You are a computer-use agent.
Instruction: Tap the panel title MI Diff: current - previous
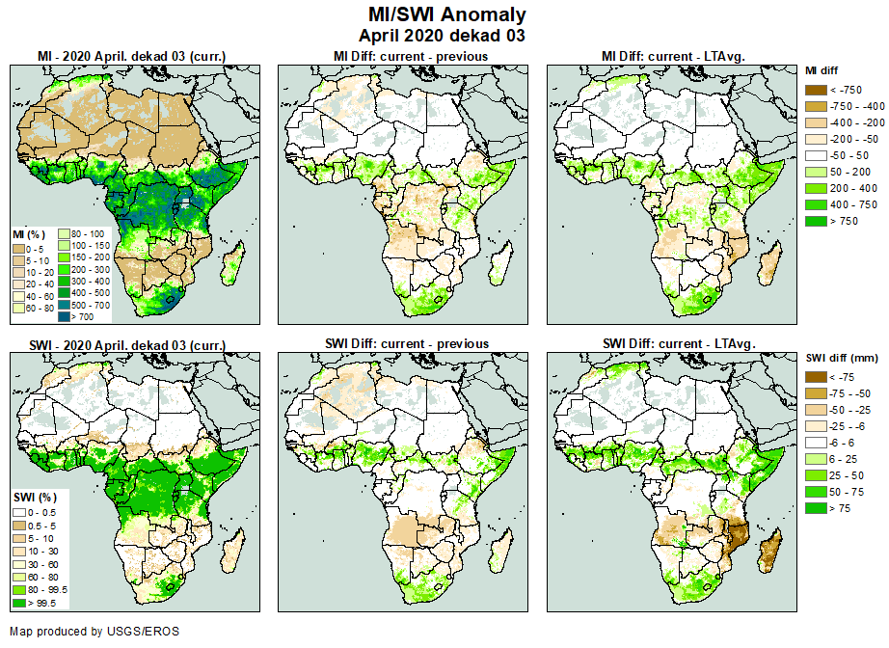(410, 56)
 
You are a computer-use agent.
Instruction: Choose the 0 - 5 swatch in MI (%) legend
(19, 249)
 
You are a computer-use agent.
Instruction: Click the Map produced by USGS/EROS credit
(94, 632)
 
